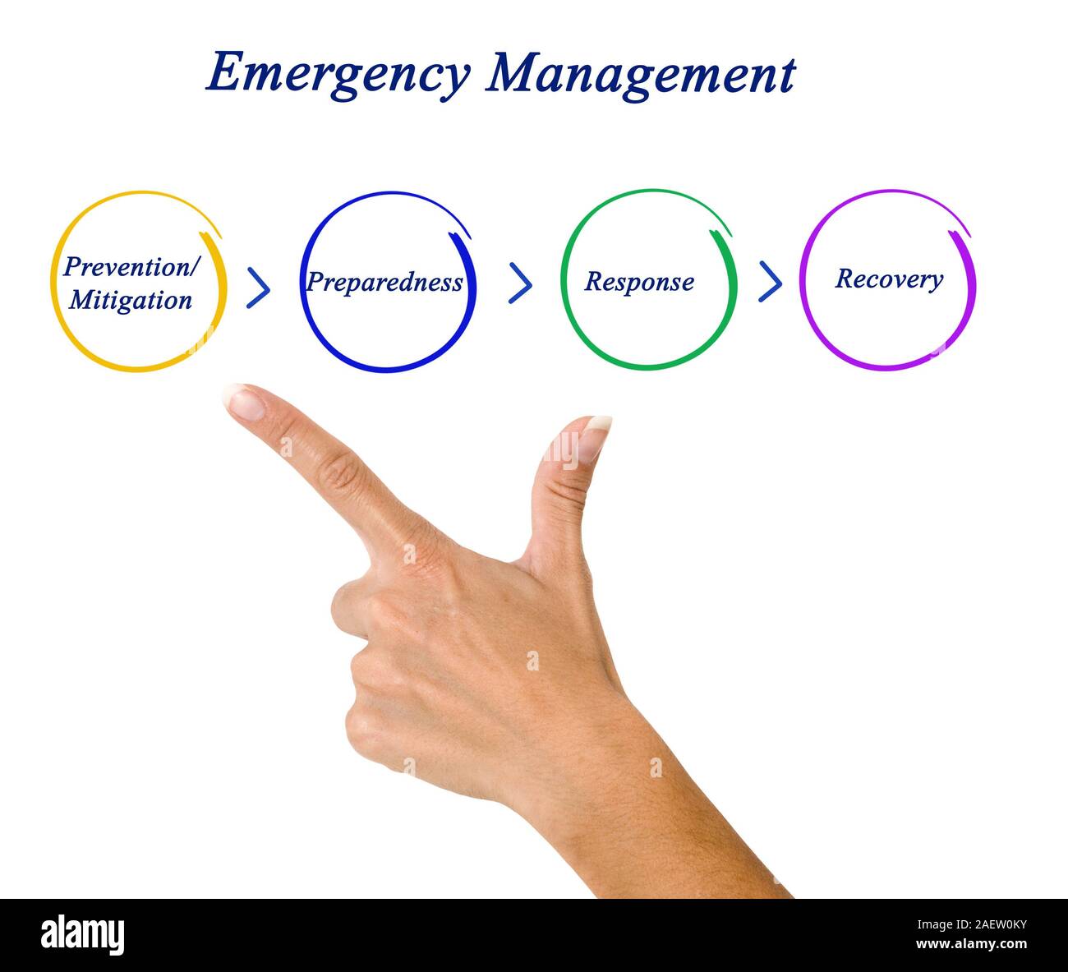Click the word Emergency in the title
tap(337, 75)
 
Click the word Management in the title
tap(640, 75)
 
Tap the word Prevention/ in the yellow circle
tap(131, 267)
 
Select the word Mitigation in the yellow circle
tap(131, 300)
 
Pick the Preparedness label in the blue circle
tap(384, 282)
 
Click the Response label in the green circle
tap(639, 282)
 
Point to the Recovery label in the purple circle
tap(889, 279)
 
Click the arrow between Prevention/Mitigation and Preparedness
tap(258, 287)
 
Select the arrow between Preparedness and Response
tap(520, 283)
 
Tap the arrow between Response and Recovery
tap(770, 281)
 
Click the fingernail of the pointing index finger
tap(245, 403)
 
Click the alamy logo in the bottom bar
tap(82, 935)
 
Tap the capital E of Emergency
tap(223, 73)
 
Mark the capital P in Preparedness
tap(315, 282)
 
